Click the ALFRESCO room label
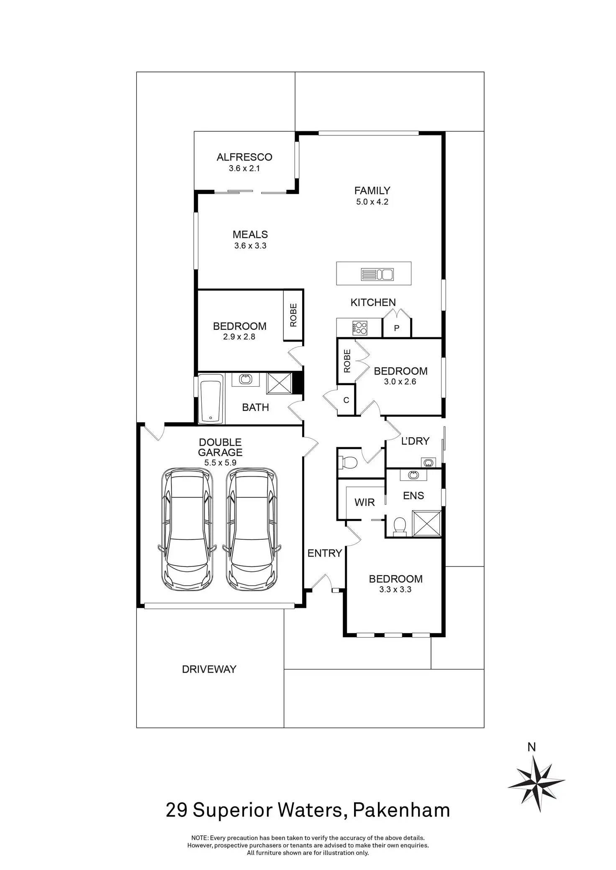tap(244, 157)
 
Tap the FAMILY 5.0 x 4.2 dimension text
tap(372, 202)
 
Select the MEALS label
tap(250, 235)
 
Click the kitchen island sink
tap(377, 274)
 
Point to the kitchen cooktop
tap(360, 327)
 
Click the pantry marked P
tap(397, 328)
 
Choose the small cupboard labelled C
tap(346, 400)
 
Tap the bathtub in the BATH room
tap(211, 399)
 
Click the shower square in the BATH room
tap(280, 383)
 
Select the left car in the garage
tap(187, 529)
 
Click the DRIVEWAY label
tap(209, 669)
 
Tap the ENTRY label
tap(325, 553)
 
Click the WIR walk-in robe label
tap(364, 503)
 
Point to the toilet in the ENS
tap(400, 526)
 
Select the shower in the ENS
tap(427, 523)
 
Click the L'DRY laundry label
tap(415, 441)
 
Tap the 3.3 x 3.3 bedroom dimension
tap(395, 589)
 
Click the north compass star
tap(536, 784)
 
